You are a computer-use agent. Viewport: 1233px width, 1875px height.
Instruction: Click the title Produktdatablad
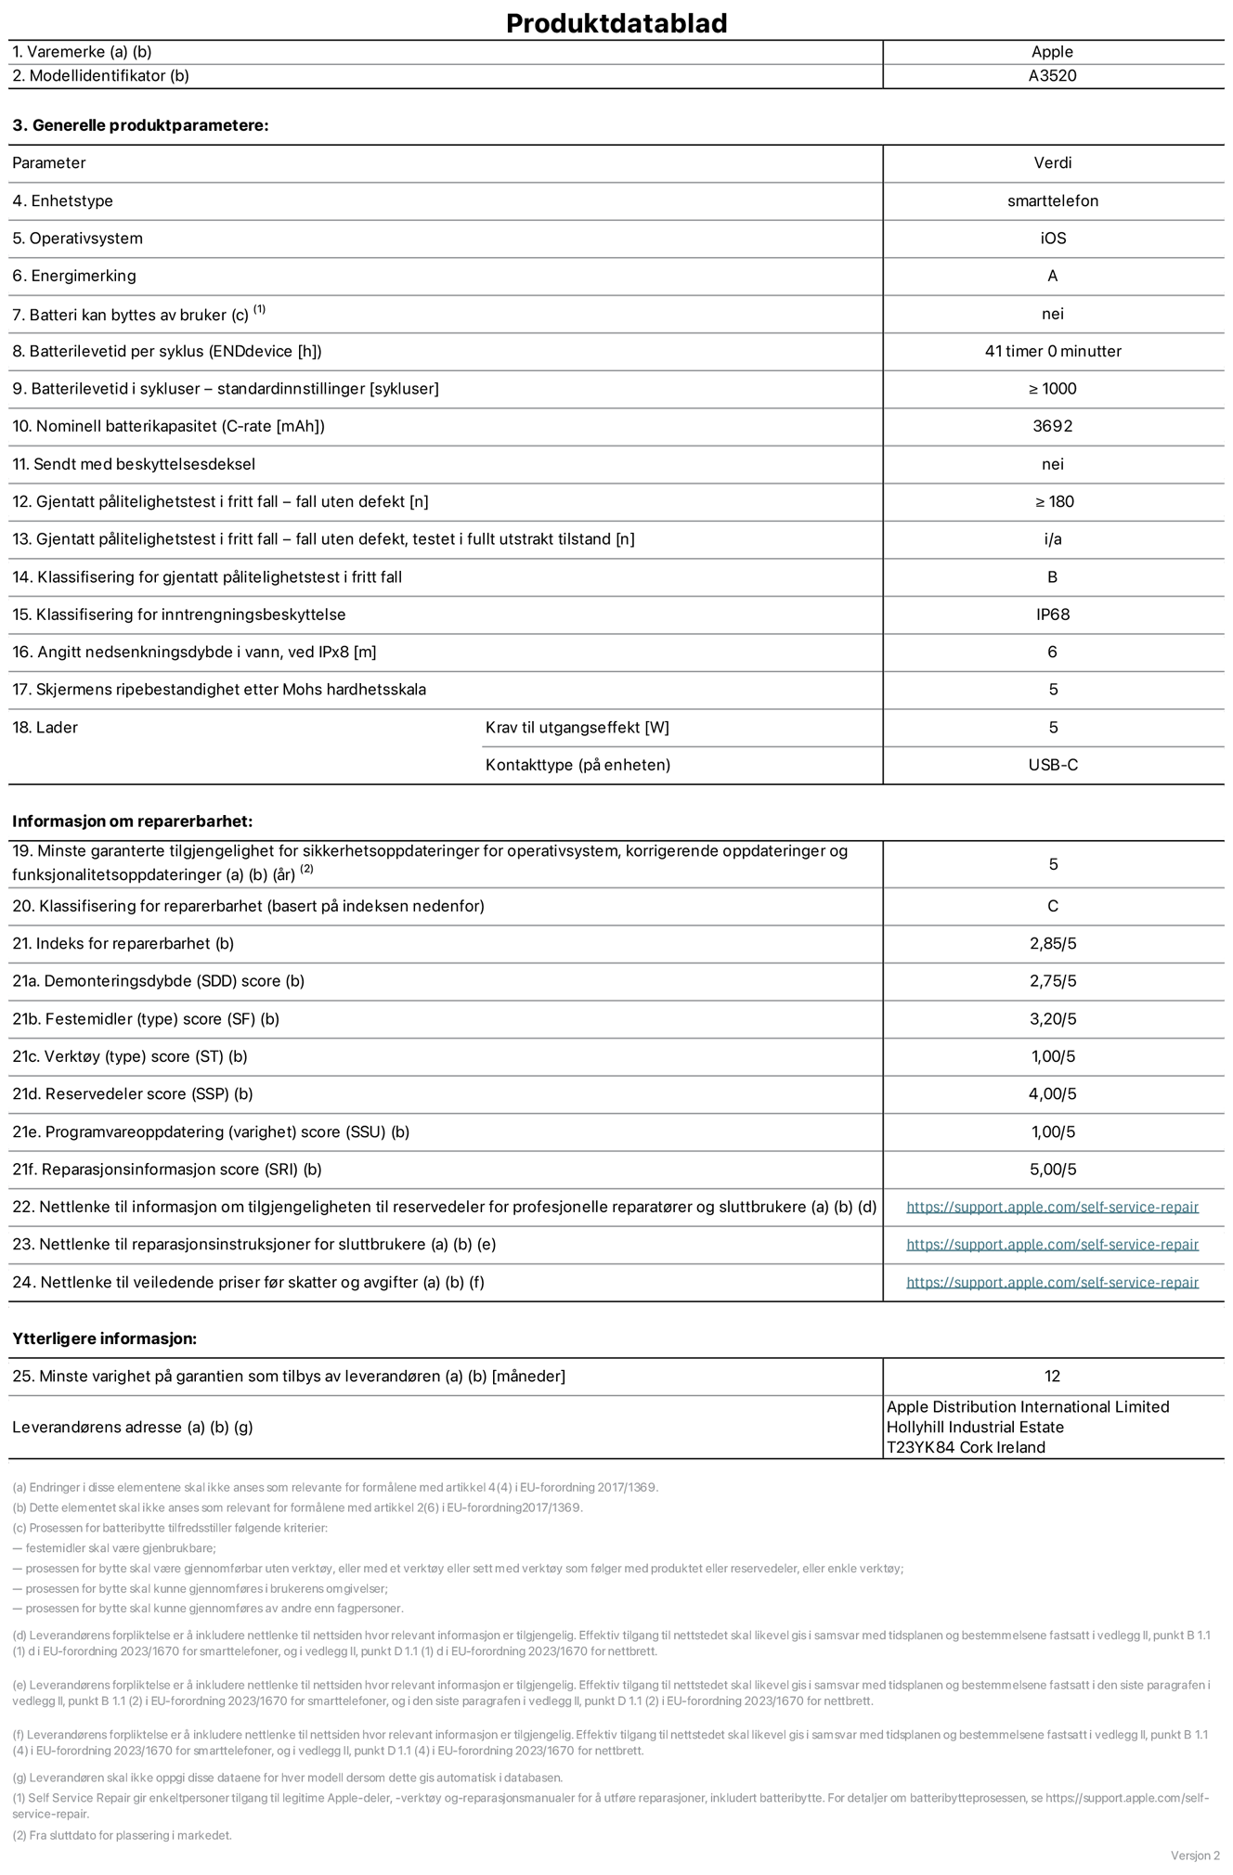pyautogui.click(x=616, y=23)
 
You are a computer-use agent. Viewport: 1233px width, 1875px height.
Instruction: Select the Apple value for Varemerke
pyautogui.click(x=1052, y=52)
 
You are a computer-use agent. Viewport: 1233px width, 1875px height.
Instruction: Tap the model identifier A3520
pyautogui.click(x=1052, y=76)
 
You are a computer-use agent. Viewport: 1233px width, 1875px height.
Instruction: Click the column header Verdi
pyautogui.click(x=1052, y=162)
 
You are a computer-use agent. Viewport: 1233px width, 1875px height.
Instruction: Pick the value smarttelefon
pyautogui.click(x=1052, y=200)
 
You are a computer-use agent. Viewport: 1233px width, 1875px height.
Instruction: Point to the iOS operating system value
pyautogui.click(x=1053, y=239)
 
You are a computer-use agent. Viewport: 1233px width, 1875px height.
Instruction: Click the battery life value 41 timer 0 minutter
pyautogui.click(x=1053, y=351)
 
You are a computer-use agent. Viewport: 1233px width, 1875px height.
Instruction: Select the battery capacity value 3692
pyautogui.click(x=1052, y=426)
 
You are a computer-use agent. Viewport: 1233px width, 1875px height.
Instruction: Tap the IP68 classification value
pyautogui.click(x=1052, y=614)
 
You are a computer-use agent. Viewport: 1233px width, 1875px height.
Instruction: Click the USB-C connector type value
pyautogui.click(x=1053, y=765)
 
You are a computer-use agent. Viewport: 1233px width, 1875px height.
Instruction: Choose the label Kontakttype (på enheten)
pyautogui.click(x=578, y=765)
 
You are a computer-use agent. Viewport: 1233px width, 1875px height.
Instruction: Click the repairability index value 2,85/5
pyautogui.click(x=1052, y=944)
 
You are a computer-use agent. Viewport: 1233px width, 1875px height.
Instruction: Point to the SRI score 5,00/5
pyautogui.click(x=1052, y=1170)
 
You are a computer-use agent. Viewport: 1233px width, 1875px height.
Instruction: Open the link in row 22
pyautogui.click(x=1052, y=1208)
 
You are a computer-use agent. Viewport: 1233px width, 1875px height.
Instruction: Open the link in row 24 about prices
pyautogui.click(x=1052, y=1283)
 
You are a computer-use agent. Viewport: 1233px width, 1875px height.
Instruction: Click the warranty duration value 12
pyautogui.click(x=1052, y=1377)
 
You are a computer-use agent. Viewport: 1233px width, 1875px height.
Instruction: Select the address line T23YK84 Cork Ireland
pyautogui.click(x=966, y=1447)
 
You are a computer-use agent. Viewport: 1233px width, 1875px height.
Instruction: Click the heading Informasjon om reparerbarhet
pyautogui.click(x=132, y=821)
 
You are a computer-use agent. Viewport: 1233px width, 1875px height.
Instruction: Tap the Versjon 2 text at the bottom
pyautogui.click(x=1195, y=1856)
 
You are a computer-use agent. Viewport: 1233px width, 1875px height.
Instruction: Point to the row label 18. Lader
pyautogui.click(x=45, y=728)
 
